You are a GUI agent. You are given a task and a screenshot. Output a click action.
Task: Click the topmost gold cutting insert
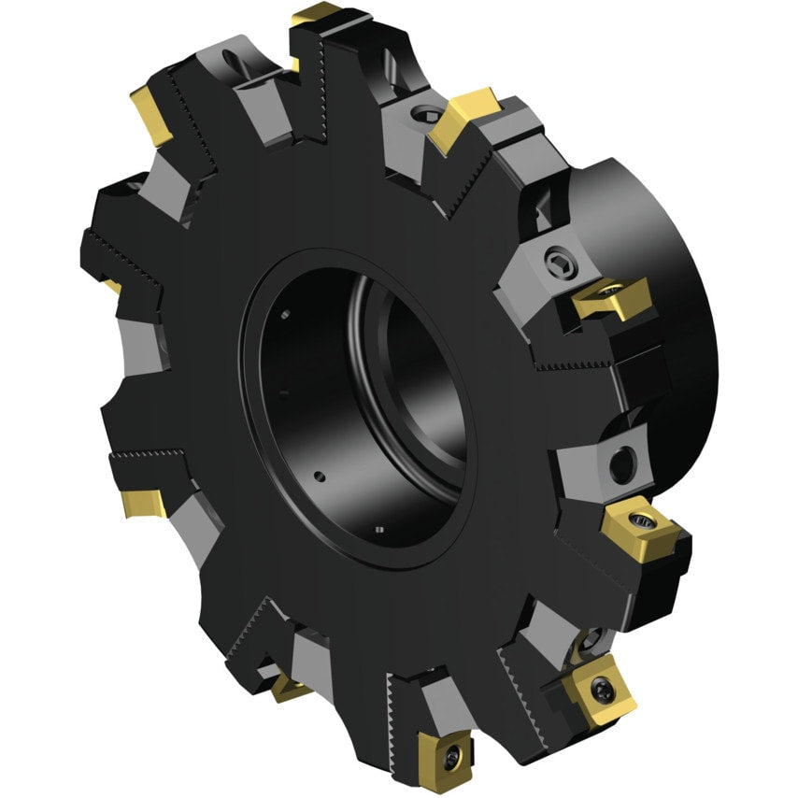pyautogui.click(x=316, y=16)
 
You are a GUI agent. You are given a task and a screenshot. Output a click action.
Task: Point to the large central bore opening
pyautogui.click(x=374, y=402)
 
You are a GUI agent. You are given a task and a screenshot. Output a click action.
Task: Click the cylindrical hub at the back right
pyautogui.click(x=654, y=280)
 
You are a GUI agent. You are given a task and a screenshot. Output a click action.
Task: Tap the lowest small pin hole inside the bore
pyautogui.click(x=379, y=530)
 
